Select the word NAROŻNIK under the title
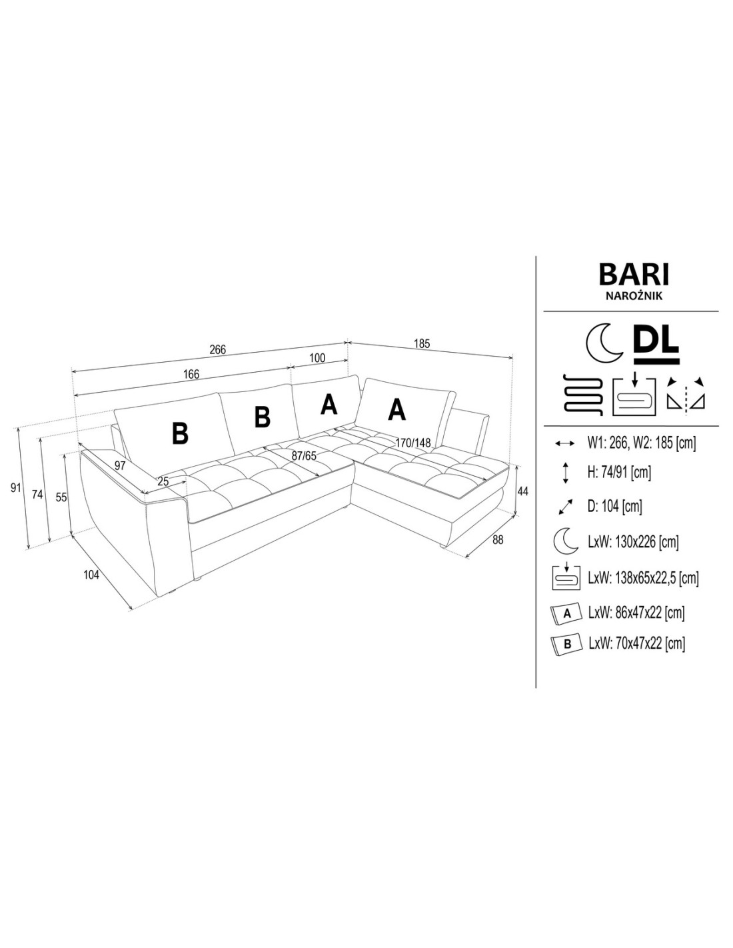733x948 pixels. click(634, 296)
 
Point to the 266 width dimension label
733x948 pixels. click(218, 349)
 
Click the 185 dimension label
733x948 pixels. click(422, 344)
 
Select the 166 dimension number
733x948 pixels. click(191, 374)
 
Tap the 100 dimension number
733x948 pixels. click(317, 358)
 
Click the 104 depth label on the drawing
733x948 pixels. click(91, 575)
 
